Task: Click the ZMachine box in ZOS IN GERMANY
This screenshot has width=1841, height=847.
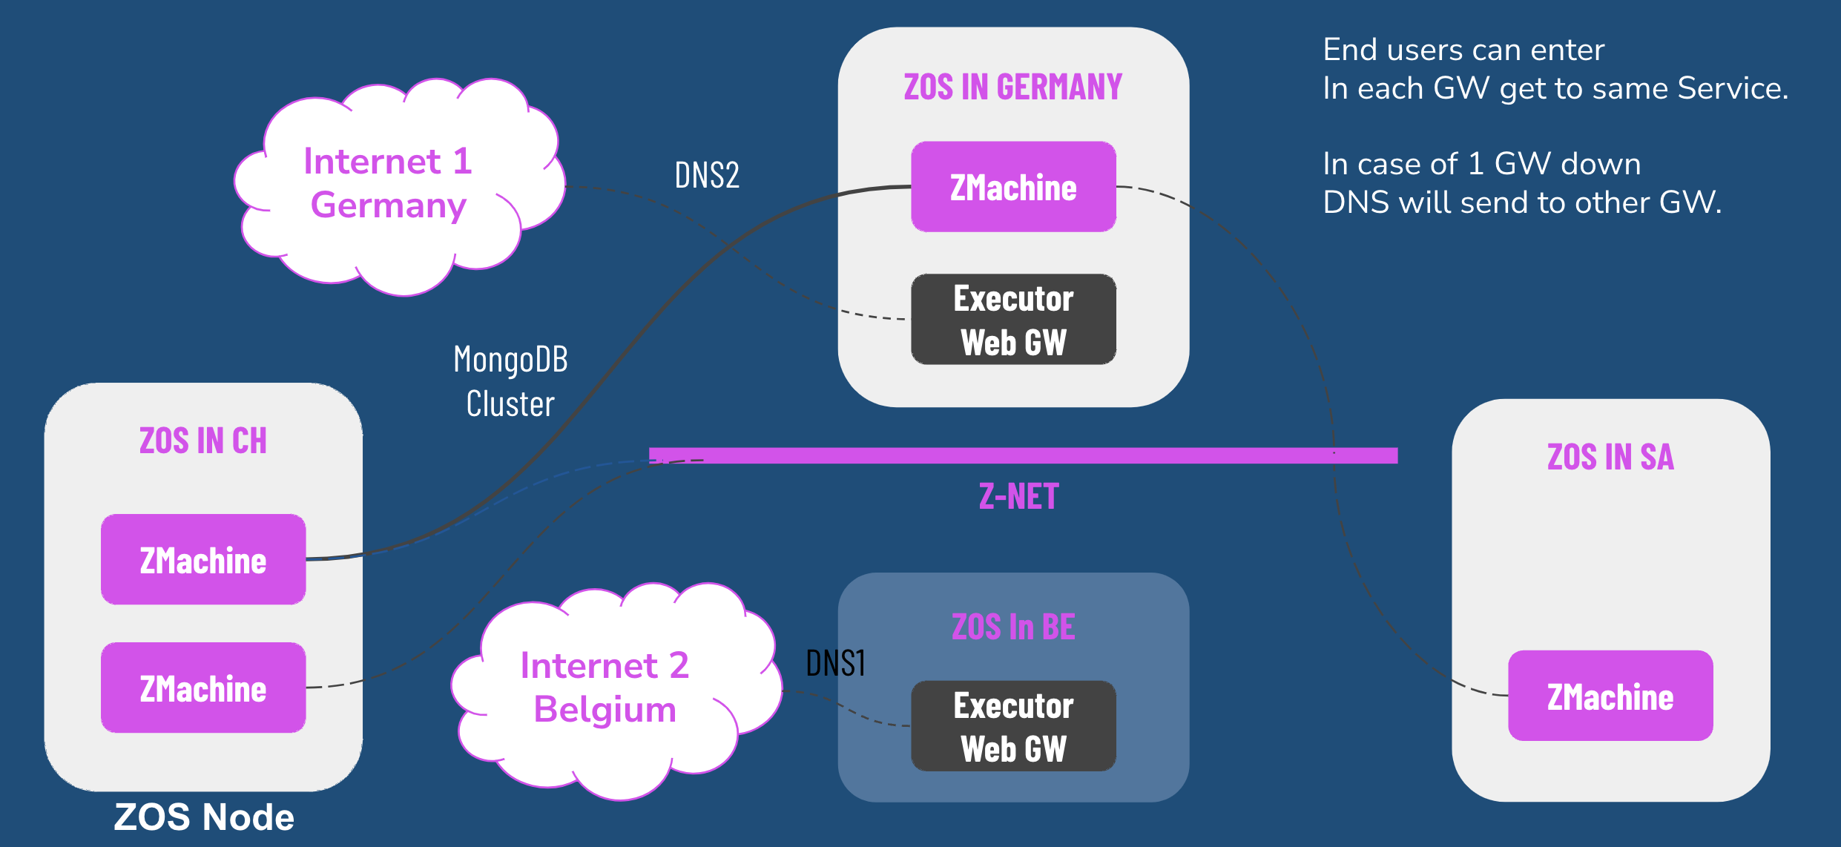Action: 1013,187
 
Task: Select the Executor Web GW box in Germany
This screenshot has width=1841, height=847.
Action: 1013,320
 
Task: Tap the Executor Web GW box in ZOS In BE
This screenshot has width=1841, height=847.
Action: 1013,726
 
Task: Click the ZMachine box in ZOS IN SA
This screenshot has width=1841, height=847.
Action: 1610,696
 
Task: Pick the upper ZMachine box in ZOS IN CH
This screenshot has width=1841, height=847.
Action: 203,559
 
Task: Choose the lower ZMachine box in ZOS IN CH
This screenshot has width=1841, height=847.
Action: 203,688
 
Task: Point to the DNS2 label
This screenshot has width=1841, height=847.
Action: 707,176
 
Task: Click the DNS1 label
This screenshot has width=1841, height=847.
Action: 835,662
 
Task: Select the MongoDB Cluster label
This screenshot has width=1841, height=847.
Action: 510,381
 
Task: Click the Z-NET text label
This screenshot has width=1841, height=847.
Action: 1018,496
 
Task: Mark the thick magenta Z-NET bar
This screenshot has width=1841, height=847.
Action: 1023,455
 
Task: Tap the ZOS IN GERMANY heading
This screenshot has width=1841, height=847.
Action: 1013,87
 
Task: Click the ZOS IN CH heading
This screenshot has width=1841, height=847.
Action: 203,441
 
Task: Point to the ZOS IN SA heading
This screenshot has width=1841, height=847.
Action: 1610,457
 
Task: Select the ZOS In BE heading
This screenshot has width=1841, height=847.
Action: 1013,627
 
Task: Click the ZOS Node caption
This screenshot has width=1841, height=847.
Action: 204,817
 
